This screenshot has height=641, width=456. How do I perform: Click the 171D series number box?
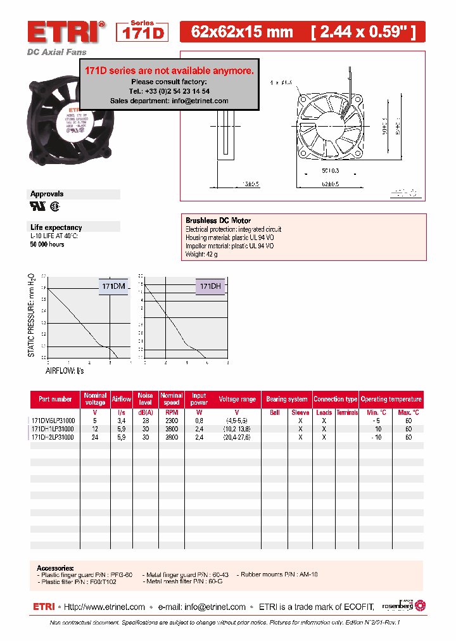tap(143, 32)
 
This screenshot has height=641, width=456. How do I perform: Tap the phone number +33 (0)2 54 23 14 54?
tap(169, 91)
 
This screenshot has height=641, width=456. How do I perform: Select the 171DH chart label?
tap(210, 286)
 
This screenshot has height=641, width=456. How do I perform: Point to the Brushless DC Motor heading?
tap(218, 220)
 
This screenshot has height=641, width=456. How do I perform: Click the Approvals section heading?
tap(47, 194)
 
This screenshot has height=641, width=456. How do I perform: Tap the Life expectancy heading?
tap(56, 227)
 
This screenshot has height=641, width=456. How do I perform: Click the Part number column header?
tap(55, 399)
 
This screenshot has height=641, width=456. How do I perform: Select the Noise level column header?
tap(146, 399)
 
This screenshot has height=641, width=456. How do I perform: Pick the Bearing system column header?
tap(286, 399)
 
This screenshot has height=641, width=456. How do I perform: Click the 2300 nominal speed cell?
tap(171, 420)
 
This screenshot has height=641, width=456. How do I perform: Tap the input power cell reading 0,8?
tap(199, 420)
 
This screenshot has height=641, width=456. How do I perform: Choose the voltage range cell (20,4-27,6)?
tap(237, 437)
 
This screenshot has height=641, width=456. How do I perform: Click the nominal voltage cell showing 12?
tap(95, 429)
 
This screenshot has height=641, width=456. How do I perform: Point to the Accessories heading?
tap(55, 568)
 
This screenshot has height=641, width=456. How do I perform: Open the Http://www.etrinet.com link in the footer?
tap(104, 607)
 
